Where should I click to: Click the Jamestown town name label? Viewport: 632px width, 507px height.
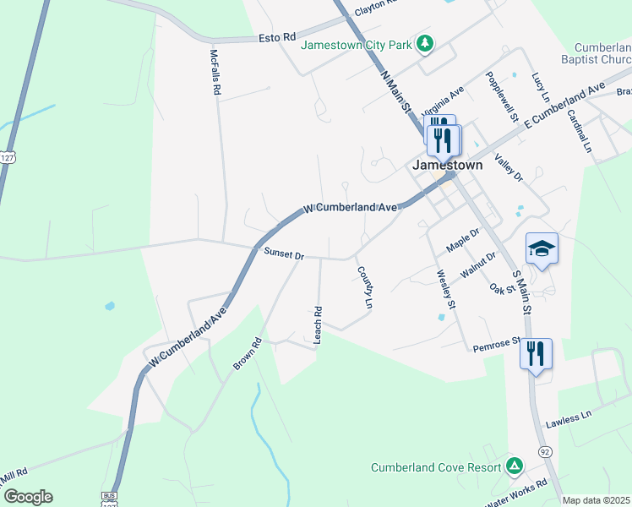[x=447, y=165]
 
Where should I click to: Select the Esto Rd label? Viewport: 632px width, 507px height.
[x=278, y=38]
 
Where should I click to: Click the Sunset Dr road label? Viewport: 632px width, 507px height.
[x=283, y=253]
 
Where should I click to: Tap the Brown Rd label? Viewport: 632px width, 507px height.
[x=248, y=355]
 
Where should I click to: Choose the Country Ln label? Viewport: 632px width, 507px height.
[x=365, y=287]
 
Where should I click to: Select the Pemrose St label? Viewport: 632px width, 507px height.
[x=497, y=344]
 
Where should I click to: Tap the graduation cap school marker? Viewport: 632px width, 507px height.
[x=542, y=248]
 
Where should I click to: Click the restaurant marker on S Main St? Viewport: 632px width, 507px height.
[x=536, y=353]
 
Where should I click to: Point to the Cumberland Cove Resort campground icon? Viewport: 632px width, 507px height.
[x=514, y=466]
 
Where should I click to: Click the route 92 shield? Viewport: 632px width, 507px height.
[x=545, y=452]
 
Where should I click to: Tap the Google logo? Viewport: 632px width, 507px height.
[x=28, y=497]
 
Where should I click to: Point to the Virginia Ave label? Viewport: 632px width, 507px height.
[x=443, y=102]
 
